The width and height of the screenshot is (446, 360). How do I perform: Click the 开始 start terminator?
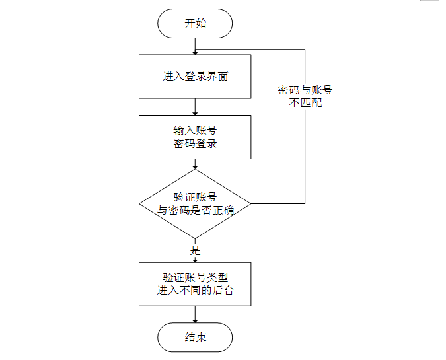click(x=195, y=23)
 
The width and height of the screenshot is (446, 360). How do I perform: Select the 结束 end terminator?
click(x=195, y=338)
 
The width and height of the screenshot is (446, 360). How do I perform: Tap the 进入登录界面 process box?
click(x=195, y=77)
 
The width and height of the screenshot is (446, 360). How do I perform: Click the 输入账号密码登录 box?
click(x=195, y=137)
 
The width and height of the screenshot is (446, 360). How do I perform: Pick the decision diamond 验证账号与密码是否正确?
click(x=195, y=203)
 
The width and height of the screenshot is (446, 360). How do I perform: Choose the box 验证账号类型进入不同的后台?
click(x=195, y=284)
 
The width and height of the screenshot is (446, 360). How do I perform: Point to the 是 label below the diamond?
click(x=195, y=250)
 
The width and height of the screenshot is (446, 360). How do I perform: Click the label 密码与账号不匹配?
click(x=305, y=96)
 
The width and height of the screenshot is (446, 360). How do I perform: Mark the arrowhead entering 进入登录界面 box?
click(x=195, y=53)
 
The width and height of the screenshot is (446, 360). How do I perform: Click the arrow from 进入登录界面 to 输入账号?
click(x=195, y=107)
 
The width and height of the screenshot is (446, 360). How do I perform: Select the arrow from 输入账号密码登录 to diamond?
click(x=195, y=164)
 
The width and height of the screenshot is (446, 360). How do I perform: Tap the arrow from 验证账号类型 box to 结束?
click(x=195, y=314)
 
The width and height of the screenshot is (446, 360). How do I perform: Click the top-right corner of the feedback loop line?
click(x=305, y=50)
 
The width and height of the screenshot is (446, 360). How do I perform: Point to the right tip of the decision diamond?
click(x=251, y=203)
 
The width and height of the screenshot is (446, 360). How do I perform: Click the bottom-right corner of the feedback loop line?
click(x=305, y=203)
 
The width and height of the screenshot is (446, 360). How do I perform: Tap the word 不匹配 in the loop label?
click(x=305, y=102)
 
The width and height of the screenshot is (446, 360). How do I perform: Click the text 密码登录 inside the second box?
click(x=195, y=143)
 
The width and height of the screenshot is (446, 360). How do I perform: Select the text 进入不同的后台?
click(x=195, y=291)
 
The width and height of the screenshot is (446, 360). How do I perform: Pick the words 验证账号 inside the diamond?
click(x=195, y=197)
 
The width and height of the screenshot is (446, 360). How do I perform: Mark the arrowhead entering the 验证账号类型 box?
click(x=195, y=260)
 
